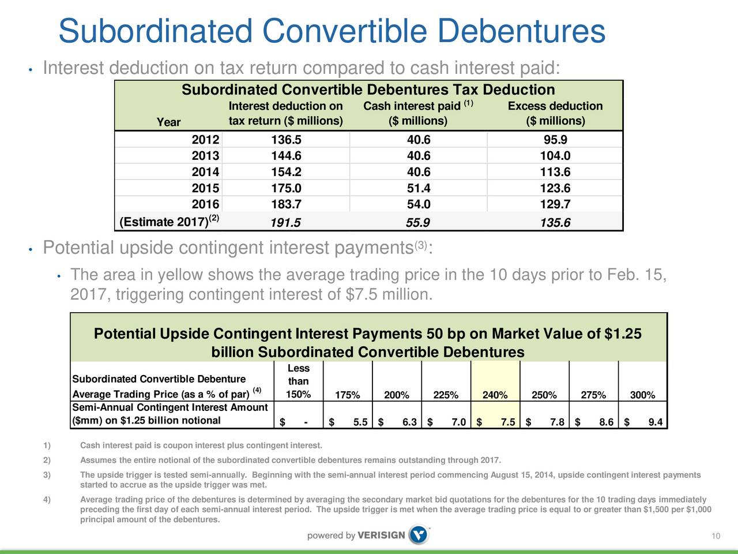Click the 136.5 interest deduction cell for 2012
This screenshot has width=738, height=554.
(286, 139)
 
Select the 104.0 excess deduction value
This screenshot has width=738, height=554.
(555, 155)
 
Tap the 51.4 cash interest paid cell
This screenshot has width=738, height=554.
(419, 188)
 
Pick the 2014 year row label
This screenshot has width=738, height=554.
(205, 171)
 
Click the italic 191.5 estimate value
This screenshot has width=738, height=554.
(285, 222)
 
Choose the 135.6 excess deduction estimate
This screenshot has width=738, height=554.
(555, 222)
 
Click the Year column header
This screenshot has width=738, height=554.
(168, 122)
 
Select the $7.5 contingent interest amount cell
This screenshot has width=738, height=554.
(496, 421)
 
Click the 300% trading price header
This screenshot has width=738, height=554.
(642, 395)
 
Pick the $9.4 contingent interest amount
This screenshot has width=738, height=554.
(643, 421)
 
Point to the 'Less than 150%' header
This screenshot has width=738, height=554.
(298, 381)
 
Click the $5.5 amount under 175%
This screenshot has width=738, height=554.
(348, 421)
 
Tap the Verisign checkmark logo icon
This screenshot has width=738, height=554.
(419, 534)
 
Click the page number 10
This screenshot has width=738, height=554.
(716, 536)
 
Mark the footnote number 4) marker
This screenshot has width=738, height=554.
(47, 499)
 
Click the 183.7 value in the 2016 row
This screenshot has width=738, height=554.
(286, 204)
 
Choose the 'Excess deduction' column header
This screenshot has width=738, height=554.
(555, 106)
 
